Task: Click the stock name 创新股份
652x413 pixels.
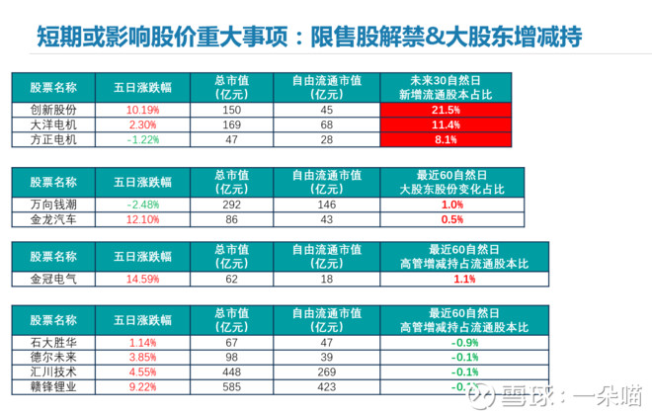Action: pyautogui.click(x=53, y=110)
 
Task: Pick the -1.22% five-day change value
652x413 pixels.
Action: pyautogui.click(x=143, y=140)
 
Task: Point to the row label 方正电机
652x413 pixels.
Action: pyautogui.click(x=53, y=140)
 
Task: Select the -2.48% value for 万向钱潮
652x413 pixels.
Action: pyautogui.click(x=143, y=203)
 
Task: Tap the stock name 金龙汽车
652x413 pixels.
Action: pyautogui.click(x=53, y=218)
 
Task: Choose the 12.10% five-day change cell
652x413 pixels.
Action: pyautogui.click(x=143, y=218)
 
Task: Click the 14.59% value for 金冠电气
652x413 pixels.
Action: pyautogui.click(x=143, y=280)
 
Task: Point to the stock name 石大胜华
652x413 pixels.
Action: pyautogui.click(x=53, y=342)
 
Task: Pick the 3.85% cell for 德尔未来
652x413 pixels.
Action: pyautogui.click(x=143, y=357)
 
